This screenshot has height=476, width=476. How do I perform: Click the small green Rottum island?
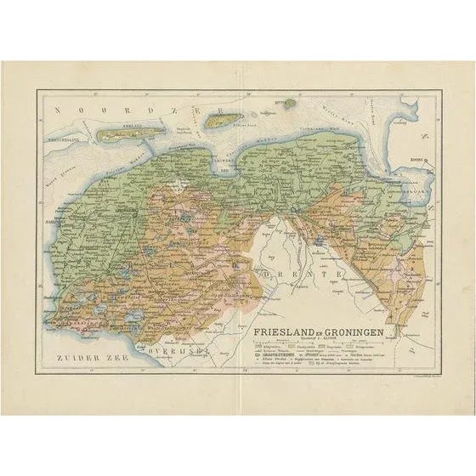click(x=291, y=104)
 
